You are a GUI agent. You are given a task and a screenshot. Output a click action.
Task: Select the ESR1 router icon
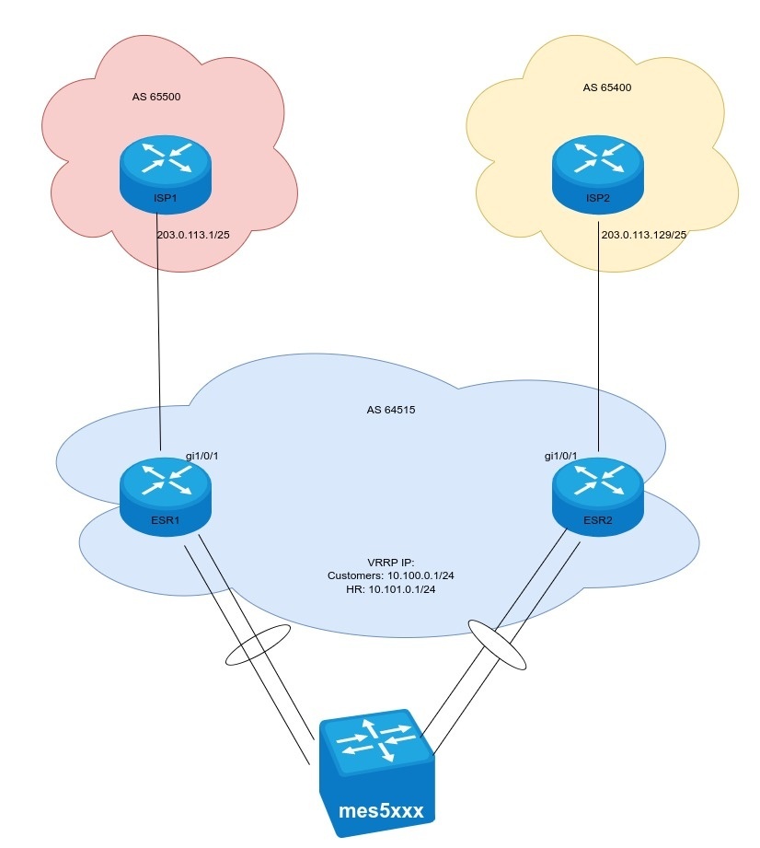point(166,496)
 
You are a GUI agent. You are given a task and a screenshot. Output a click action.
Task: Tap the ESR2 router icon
point(598,496)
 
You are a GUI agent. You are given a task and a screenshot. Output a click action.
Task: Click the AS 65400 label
point(606,88)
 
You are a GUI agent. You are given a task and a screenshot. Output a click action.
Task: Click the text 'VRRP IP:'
point(391,562)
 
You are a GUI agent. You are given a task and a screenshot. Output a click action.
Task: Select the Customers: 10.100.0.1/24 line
point(391,575)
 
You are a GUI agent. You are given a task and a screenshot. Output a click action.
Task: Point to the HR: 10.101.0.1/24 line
point(391,589)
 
